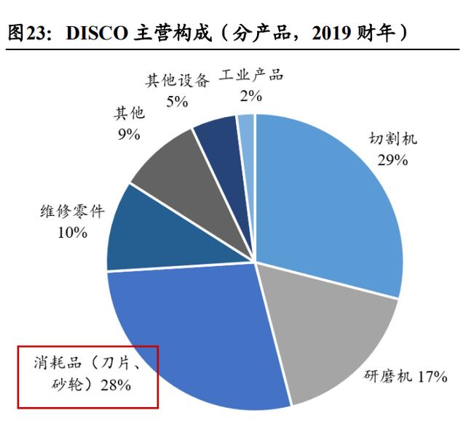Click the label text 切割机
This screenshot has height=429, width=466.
click(x=393, y=139)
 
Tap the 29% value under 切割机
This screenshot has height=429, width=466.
click(x=392, y=159)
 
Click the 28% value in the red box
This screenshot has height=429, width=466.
click(x=116, y=385)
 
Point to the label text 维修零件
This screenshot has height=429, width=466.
click(x=71, y=212)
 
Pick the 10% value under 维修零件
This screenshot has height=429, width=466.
click(x=72, y=233)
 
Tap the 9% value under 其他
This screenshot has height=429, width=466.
click(x=128, y=134)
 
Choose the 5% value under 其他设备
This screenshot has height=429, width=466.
click(x=177, y=100)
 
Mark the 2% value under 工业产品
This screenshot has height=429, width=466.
click(x=251, y=95)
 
